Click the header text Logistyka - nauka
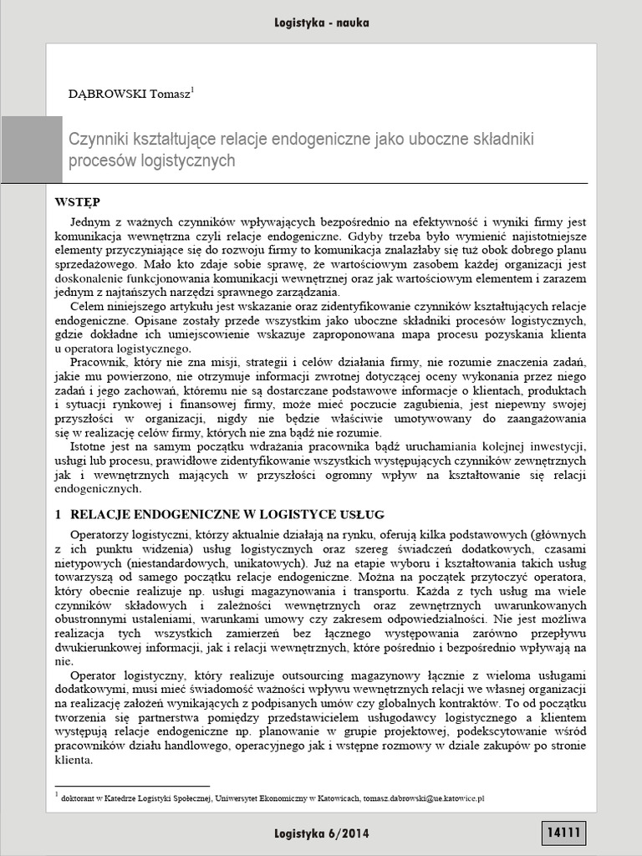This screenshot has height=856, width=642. (321, 23)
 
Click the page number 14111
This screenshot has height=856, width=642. (565, 833)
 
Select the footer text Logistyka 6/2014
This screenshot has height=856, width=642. (321, 833)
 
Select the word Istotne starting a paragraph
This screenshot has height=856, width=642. (89, 447)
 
